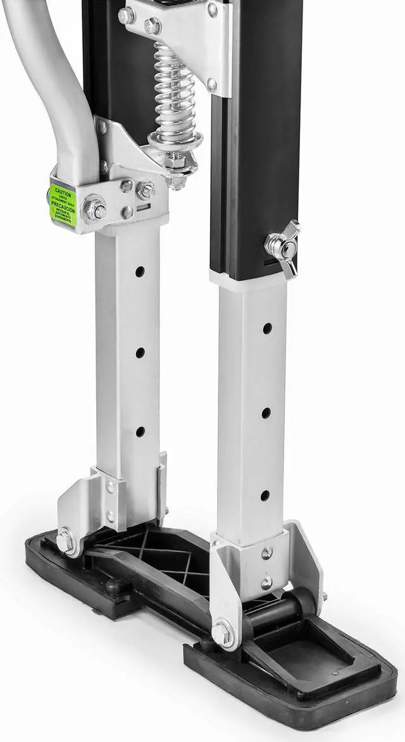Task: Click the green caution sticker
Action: coord(63,204)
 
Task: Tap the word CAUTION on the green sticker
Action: coord(63,190)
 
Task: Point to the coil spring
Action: coord(174,95)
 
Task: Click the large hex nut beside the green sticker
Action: coord(95,209)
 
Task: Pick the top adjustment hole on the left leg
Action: coord(140,271)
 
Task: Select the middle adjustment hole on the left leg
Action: coord(140,352)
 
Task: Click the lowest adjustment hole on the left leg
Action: coord(140,431)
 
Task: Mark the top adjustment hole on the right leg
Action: coord(267,328)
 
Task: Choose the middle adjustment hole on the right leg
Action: coord(266,412)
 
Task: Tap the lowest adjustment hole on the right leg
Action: coord(265,495)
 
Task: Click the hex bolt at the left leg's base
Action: coord(65,541)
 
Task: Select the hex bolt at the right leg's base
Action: coord(222,633)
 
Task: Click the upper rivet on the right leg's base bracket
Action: coord(267,553)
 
